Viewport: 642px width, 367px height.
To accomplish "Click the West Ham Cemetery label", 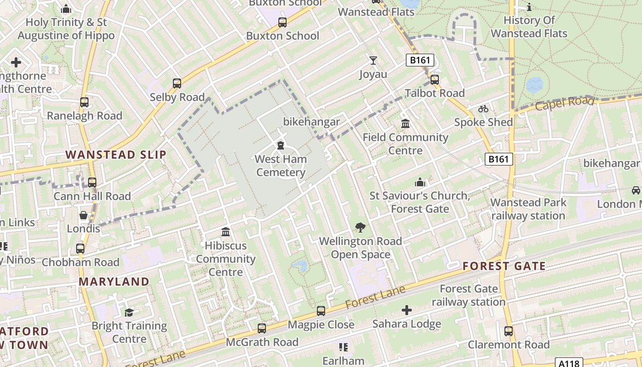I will tap(281, 166).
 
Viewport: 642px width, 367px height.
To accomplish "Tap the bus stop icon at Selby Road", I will tap(177, 83).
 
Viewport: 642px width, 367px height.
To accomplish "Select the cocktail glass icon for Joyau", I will tap(373, 61).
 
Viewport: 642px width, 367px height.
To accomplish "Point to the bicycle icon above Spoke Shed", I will tap(483, 109).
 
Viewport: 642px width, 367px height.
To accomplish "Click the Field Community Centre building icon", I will tap(405, 123).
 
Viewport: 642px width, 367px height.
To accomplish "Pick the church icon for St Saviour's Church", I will tap(420, 182).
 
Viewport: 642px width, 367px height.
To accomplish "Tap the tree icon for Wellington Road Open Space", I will tap(360, 227).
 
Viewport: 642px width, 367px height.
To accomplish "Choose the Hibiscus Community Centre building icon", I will tap(226, 232).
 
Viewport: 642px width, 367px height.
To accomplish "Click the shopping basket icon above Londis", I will tap(84, 215).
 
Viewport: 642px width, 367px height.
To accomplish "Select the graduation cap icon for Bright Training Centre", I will tap(129, 312).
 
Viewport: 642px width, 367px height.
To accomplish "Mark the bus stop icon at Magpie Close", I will tap(321, 311).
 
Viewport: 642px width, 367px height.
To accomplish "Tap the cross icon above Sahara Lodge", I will tap(407, 310).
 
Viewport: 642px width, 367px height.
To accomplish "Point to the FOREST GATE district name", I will tap(504, 266).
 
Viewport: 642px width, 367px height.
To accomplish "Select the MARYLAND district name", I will tap(114, 281).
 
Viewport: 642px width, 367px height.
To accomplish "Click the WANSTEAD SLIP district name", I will tap(116, 155).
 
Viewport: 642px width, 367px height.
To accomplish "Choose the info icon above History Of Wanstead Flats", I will tap(529, 7).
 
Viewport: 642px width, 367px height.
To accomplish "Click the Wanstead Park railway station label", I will tap(528, 209).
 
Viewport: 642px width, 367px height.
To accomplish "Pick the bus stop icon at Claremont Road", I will tap(509, 331).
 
